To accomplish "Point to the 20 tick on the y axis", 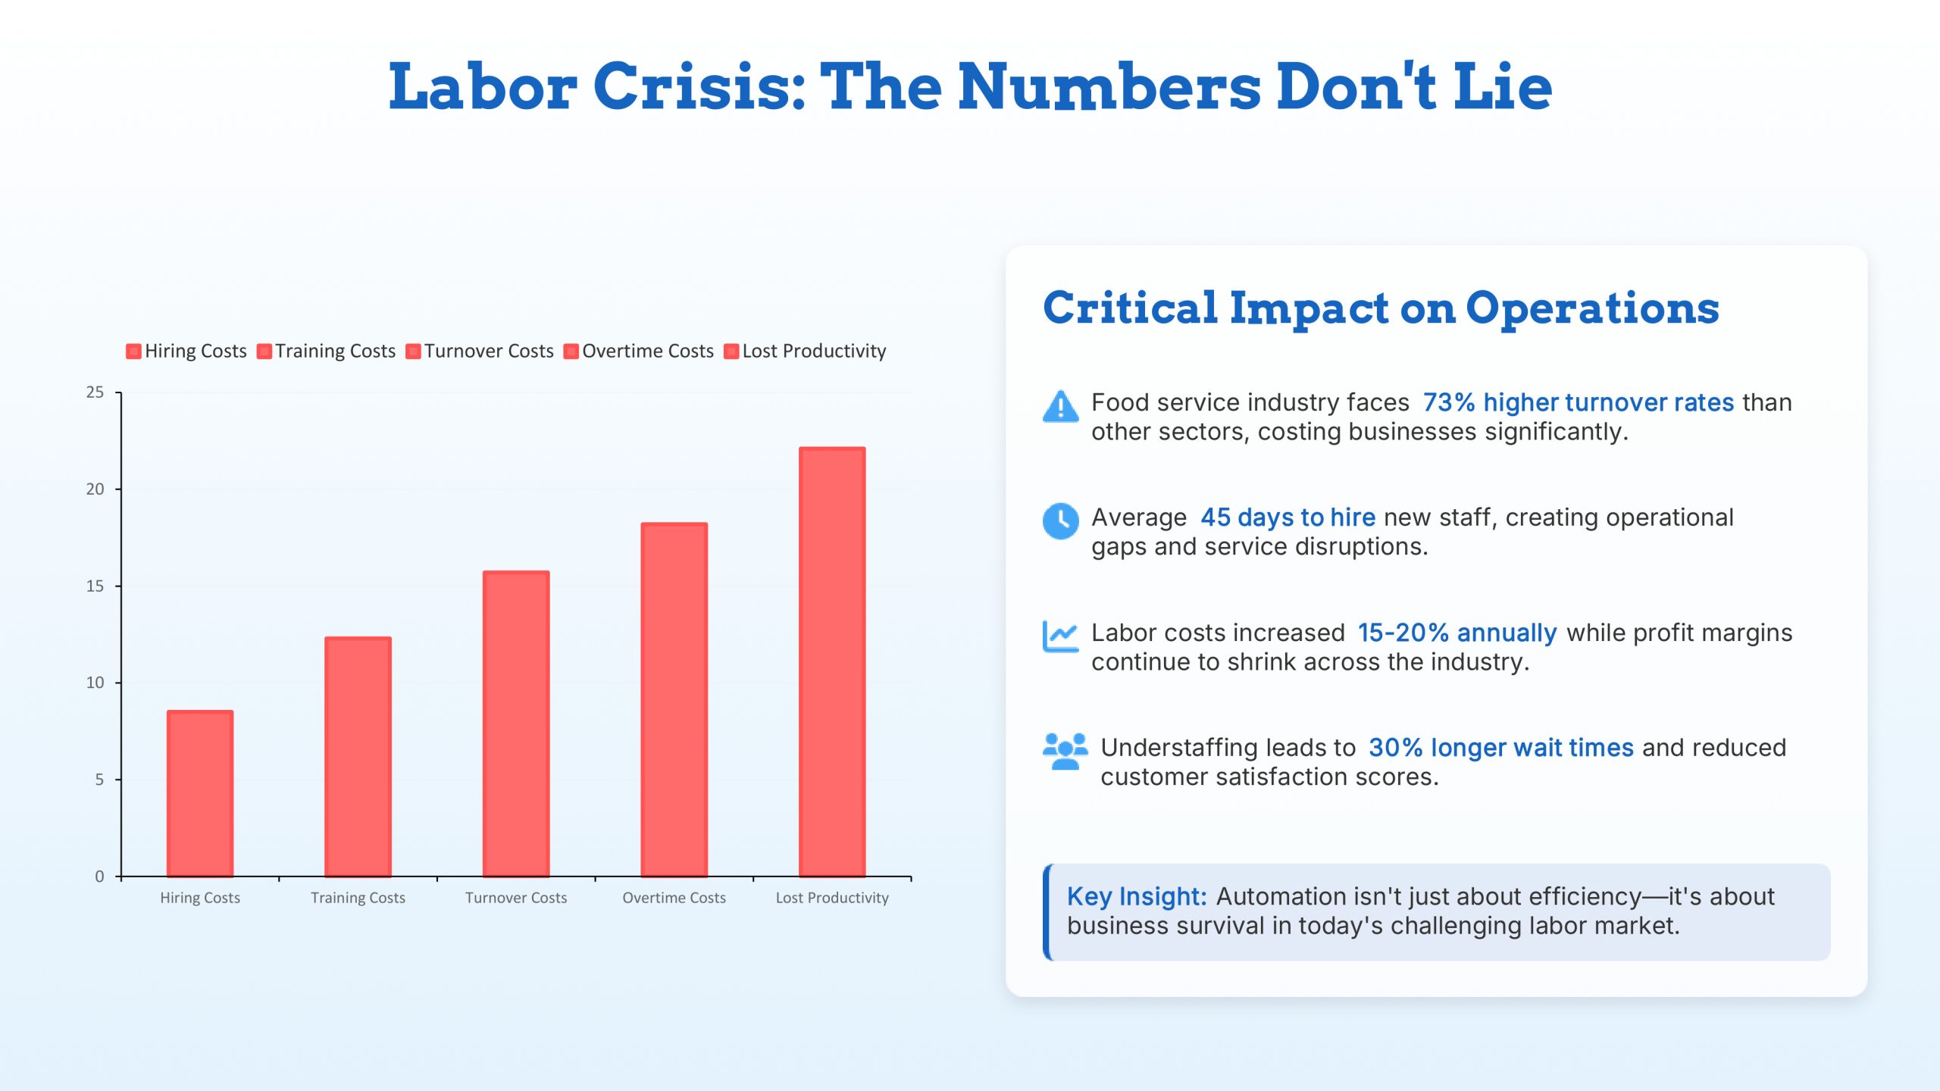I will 95,489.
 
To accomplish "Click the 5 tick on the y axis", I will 99,780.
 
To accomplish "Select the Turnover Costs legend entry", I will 488,352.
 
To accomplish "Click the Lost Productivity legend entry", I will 813,352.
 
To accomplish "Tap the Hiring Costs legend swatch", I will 133,352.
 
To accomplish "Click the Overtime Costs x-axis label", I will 674,898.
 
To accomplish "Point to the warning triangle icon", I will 1060,407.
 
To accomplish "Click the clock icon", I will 1060,521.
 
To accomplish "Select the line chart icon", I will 1060,636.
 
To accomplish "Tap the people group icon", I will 1065,751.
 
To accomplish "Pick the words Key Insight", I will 1136,897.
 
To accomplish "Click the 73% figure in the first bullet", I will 1448,402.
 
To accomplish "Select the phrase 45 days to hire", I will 1288,517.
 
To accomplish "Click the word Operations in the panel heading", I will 1592,308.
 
